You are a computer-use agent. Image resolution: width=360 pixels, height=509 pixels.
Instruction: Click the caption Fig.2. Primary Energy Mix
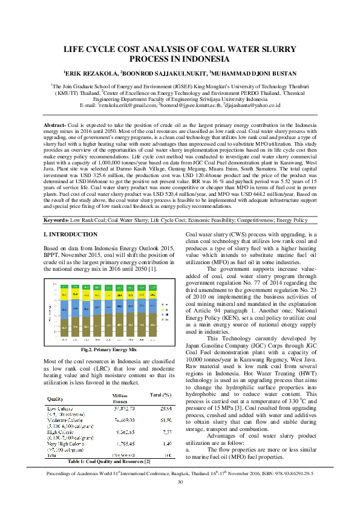(x=108, y=349)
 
